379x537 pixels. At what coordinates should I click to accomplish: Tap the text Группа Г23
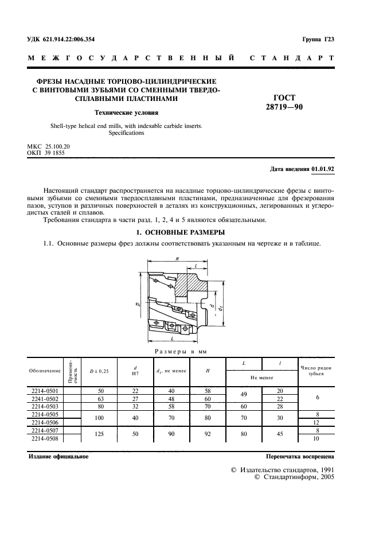pyautogui.click(x=318, y=39)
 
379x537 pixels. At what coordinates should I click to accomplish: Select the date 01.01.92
pyautogui.click(x=323, y=169)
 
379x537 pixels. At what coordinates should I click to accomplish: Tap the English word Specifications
pyautogui.click(x=126, y=133)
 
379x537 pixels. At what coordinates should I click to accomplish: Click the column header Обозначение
pyautogui.click(x=44, y=370)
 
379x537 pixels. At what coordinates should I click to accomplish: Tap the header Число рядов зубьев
pyautogui.click(x=315, y=370)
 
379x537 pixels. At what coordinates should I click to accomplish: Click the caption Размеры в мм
pyautogui.click(x=178, y=351)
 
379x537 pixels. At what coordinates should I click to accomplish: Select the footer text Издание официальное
pyautogui.click(x=58, y=457)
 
